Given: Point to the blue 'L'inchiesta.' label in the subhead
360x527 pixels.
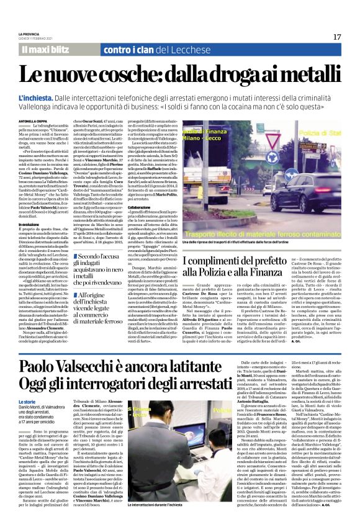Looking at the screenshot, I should (x=38, y=98).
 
